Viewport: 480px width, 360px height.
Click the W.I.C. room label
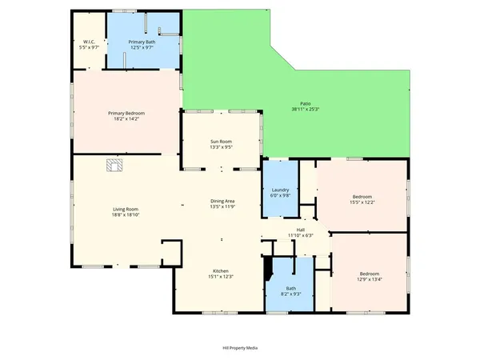pos(89,42)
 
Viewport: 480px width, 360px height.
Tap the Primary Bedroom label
pos(126,114)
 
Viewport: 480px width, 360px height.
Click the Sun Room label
pos(221,141)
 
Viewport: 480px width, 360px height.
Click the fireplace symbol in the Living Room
pos(114,166)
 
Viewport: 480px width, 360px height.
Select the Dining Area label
pos(222,201)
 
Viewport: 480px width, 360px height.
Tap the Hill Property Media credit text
pos(240,348)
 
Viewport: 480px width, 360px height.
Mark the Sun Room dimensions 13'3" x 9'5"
pos(221,147)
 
